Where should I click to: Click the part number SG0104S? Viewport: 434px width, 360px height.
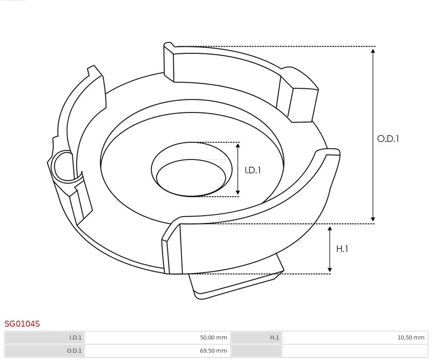point(22,323)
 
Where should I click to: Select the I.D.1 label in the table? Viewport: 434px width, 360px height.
point(75,337)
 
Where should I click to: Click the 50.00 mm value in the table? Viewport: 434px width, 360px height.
point(213,337)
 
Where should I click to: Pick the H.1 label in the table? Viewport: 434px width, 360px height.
point(274,337)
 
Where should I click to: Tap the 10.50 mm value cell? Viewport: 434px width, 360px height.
point(411,337)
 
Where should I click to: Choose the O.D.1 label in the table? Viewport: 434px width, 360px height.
point(74,351)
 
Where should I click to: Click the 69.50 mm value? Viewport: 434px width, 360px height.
point(213,351)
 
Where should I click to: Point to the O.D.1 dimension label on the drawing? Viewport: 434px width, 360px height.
point(388,139)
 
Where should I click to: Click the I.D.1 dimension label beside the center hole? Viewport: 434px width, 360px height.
point(253,170)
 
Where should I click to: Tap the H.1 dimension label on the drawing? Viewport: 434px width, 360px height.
point(342,249)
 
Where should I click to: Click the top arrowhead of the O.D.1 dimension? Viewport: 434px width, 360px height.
point(373,51)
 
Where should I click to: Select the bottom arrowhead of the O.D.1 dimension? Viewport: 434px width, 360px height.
point(373,219)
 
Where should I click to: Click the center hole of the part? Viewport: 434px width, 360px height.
point(191,177)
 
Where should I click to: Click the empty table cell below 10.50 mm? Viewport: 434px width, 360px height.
point(355,351)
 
